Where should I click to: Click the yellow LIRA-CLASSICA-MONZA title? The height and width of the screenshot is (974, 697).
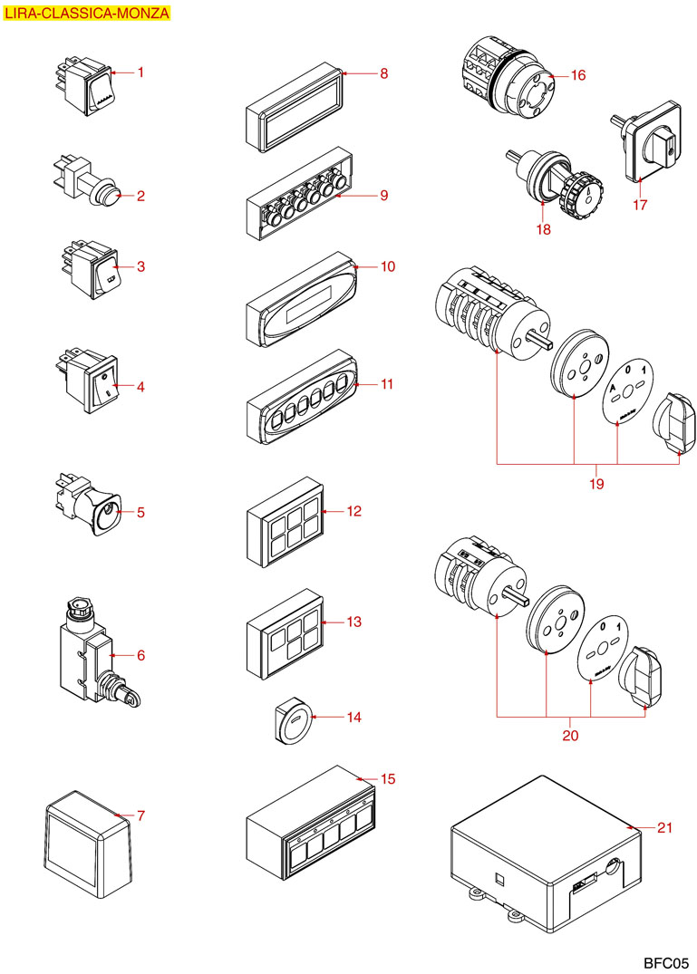point(86,14)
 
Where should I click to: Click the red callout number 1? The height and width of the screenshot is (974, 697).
point(141,72)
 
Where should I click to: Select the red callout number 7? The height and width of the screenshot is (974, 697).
point(140,815)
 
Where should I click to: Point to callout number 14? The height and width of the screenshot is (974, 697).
point(353,717)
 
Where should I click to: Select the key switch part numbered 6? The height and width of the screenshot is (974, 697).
point(92,657)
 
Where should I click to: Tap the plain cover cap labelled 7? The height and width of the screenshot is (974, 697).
point(89,837)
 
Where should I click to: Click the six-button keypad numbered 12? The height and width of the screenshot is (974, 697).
point(285,522)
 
